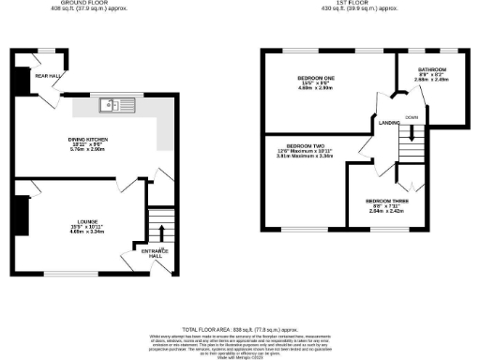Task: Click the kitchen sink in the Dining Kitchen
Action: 120,104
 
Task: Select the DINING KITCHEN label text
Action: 89,140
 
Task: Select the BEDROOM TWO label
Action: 305,146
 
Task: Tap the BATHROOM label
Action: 432,70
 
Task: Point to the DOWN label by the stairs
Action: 412,117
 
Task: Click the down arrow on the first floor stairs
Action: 410,142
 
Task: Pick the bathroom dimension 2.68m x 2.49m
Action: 432,82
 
